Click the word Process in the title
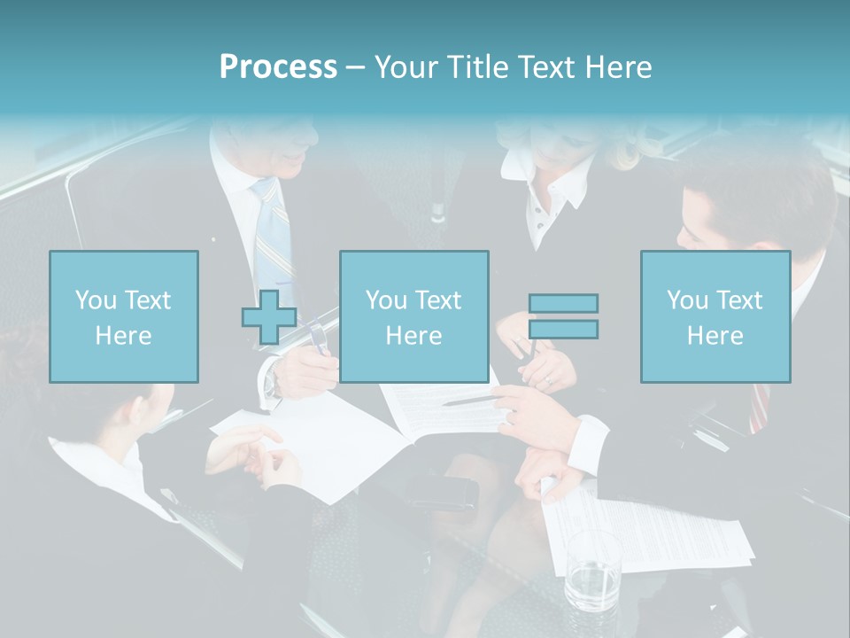(x=278, y=67)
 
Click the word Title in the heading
(x=479, y=67)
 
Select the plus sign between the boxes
(x=269, y=317)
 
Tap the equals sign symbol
(x=563, y=316)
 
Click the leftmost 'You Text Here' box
(x=124, y=317)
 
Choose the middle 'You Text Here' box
(x=414, y=317)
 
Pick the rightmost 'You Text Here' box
(x=715, y=317)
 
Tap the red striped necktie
(x=760, y=408)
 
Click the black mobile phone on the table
(x=442, y=493)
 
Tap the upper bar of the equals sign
(x=563, y=304)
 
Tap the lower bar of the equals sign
(x=563, y=330)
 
